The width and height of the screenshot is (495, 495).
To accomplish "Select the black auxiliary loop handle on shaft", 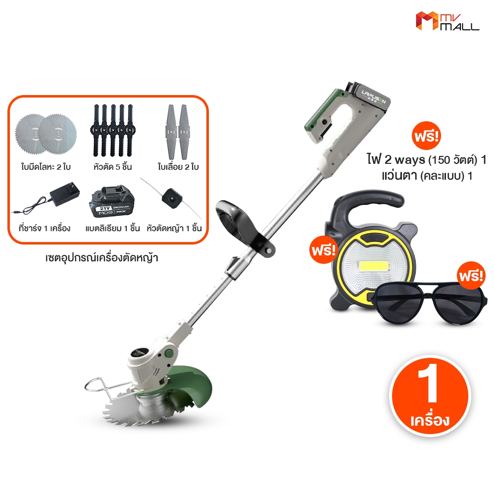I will click(243, 218).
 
